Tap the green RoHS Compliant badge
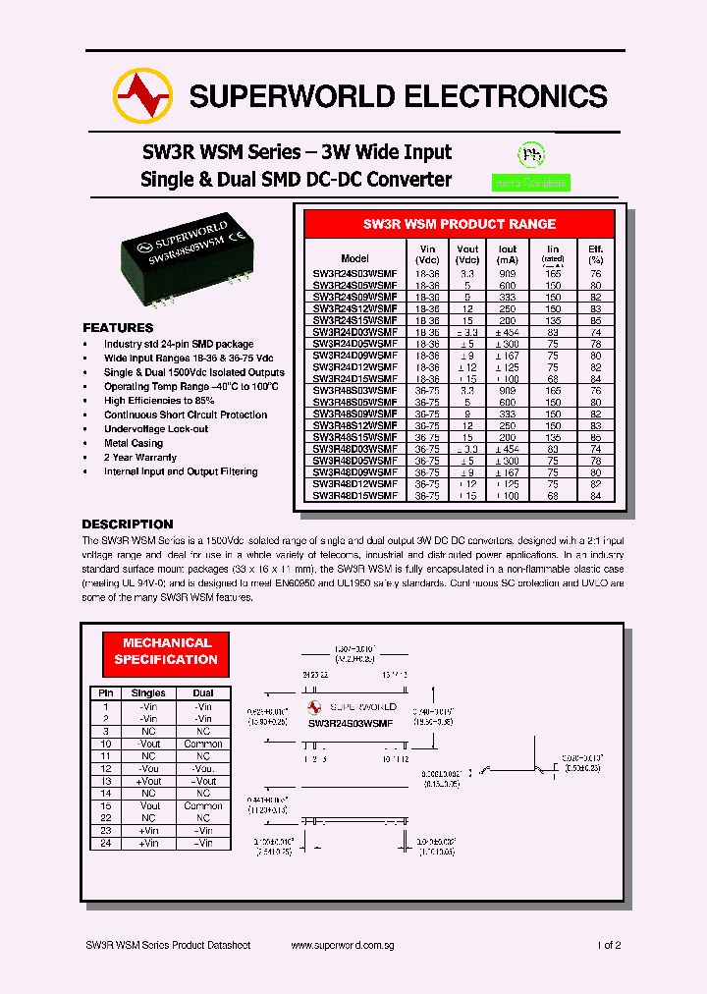click(x=530, y=183)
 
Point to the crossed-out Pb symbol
click(x=531, y=155)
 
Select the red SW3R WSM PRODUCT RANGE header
click(x=460, y=224)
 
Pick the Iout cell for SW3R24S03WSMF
click(x=507, y=274)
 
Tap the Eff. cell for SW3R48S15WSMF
click(x=595, y=437)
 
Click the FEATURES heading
click(x=118, y=327)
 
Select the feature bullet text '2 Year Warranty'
click(x=140, y=458)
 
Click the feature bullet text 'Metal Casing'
click(x=133, y=443)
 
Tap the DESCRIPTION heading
click(x=128, y=525)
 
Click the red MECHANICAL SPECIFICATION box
click(x=166, y=651)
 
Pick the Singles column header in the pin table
click(x=148, y=693)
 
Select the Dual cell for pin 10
click(x=203, y=744)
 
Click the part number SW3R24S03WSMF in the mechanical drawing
click(x=351, y=723)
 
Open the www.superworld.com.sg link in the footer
click(x=343, y=945)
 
